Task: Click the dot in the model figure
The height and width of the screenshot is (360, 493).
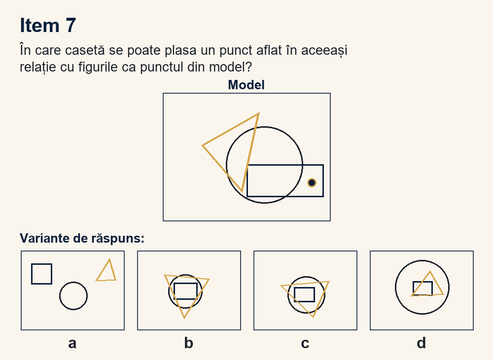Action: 312,182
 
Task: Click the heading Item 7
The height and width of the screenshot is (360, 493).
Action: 48,25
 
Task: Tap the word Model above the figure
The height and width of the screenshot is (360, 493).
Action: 246,85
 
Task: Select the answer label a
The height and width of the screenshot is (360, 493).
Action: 72,343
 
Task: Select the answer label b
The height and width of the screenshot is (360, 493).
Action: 189,343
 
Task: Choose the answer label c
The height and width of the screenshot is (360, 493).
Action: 305,343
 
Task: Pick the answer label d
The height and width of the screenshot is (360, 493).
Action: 422,343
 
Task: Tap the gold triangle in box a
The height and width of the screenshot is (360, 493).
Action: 103,269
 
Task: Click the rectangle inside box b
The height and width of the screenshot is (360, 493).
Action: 174,291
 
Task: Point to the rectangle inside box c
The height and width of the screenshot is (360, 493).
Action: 294,294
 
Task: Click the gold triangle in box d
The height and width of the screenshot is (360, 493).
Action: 421,283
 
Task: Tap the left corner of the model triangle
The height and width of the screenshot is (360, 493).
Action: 203,145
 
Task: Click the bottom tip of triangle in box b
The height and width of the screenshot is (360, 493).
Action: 184,318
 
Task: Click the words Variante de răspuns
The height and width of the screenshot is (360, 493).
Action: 82,238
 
